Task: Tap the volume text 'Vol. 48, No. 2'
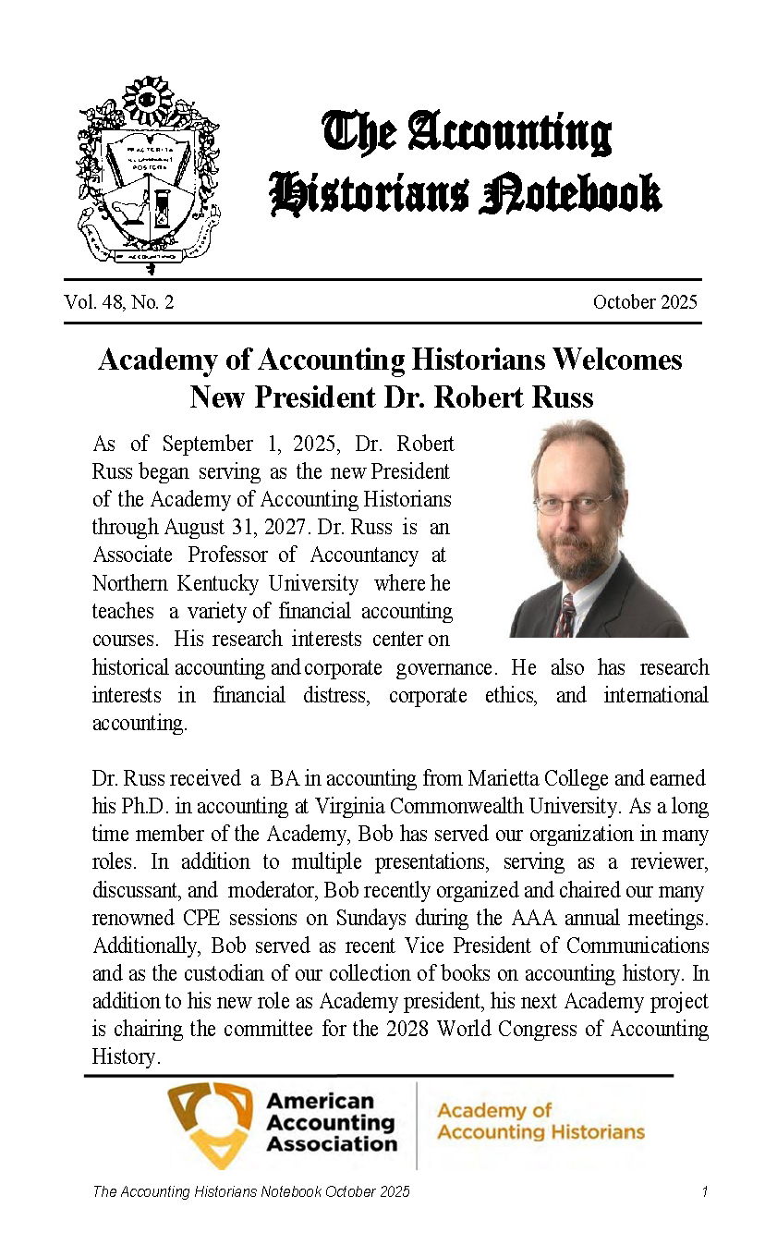coord(119,302)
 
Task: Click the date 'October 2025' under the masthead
coord(645,302)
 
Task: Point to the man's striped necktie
coord(565,615)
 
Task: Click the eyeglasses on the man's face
coord(572,504)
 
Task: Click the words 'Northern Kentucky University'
coord(225,583)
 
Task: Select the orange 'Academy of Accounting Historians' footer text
coord(540,1121)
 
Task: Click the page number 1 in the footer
coord(704,1192)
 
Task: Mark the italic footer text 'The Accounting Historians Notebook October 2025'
coord(250,1192)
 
